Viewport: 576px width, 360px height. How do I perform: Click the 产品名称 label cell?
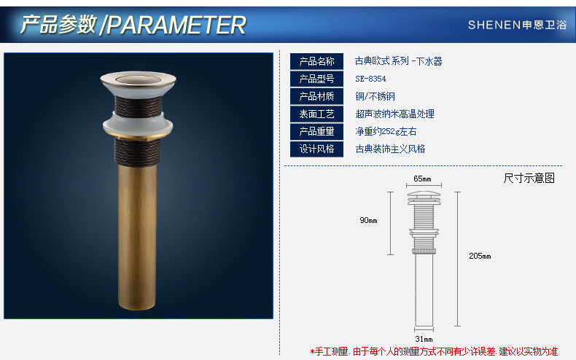pyautogui.click(x=316, y=61)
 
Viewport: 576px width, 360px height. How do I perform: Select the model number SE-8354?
pyautogui.click(x=370, y=79)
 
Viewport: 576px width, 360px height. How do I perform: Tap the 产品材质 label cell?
pyautogui.click(x=316, y=96)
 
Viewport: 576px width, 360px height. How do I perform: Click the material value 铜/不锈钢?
pyautogui.click(x=375, y=96)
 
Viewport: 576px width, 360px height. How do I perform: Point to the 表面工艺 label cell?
pyautogui.click(x=316, y=114)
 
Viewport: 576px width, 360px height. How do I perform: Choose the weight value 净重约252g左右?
pyautogui.click(x=386, y=131)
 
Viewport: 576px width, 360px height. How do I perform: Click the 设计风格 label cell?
pyautogui.click(x=316, y=149)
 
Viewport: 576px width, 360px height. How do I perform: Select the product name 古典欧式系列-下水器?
pyautogui.click(x=399, y=61)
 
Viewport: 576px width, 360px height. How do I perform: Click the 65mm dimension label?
pyautogui.click(x=422, y=179)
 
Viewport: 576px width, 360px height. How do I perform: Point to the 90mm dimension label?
pyautogui.click(x=368, y=220)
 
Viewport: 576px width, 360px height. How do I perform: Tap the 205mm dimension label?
pyautogui.click(x=480, y=256)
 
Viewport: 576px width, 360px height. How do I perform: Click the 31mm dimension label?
pyautogui.click(x=424, y=339)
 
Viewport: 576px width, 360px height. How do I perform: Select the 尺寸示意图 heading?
pyautogui.click(x=529, y=178)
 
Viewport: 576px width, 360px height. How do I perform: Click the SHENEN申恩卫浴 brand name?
pyautogui.click(x=517, y=25)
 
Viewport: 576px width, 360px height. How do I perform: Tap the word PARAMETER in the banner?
pyautogui.click(x=176, y=25)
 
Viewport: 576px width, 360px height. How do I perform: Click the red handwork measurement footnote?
pyautogui.click(x=434, y=351)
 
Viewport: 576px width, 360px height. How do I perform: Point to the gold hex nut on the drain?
pyautogui.click(x=138, y=138)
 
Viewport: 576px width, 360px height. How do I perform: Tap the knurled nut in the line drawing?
pyautogui.click(x=424, y=251)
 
